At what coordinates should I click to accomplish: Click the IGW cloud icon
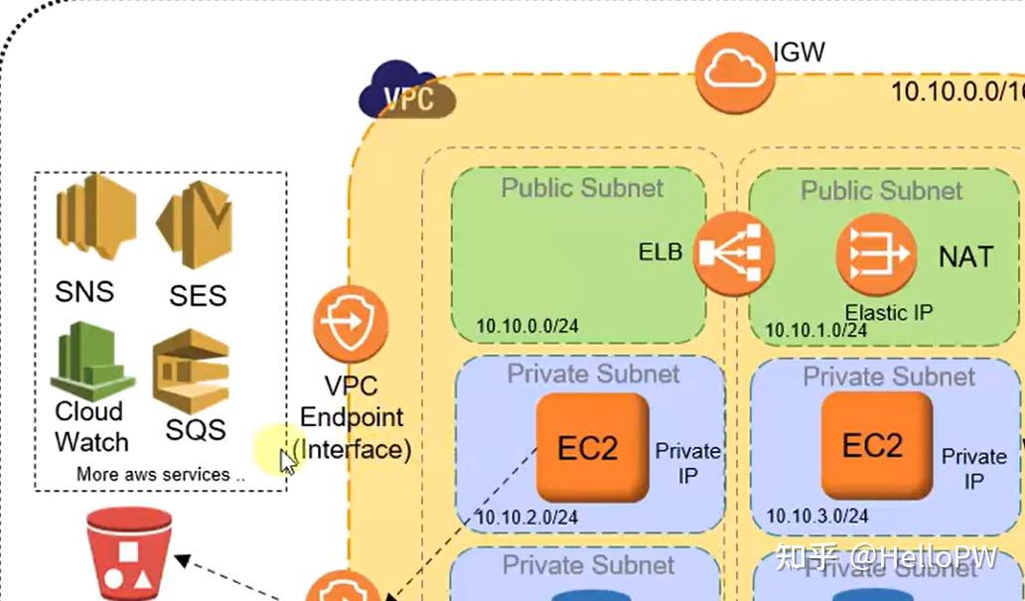tap(734, 72)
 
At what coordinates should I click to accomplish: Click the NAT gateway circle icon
tap(875, 254)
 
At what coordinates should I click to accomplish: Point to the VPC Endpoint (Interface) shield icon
tap(350, 323)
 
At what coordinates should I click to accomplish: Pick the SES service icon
tap(195, 225)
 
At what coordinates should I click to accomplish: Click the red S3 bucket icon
tap(129, 552)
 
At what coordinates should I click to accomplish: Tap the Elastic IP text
tap(889, 312)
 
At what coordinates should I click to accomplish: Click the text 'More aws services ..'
tap(160, 475)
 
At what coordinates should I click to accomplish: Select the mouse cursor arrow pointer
tap(286, 461)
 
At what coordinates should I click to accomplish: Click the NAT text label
tap(965, 256)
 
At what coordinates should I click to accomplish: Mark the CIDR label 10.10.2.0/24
tap(526, 517)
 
